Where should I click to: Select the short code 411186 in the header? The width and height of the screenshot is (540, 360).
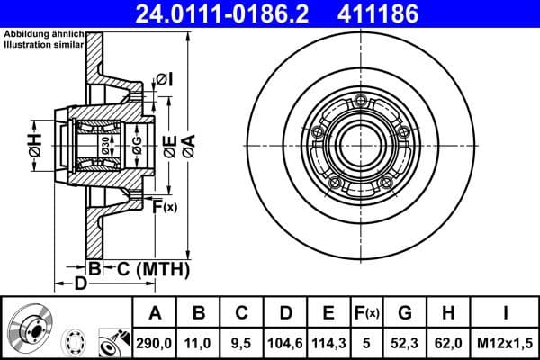(401, 13)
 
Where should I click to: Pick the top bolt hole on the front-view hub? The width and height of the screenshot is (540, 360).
(361, 99)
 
